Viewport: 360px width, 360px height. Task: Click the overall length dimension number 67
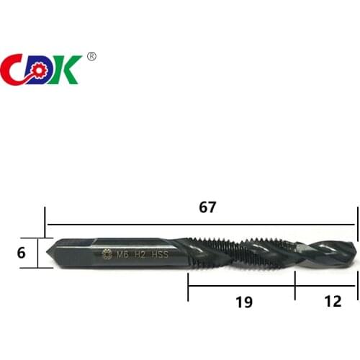pos(207,207)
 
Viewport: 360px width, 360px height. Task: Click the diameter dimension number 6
pos(21,253)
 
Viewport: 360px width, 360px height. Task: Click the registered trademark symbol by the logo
pos(91,56)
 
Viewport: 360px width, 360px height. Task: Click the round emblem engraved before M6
pos(108,253)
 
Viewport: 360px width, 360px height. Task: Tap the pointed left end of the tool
pos(48,252)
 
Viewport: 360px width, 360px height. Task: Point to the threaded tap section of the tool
pos(238,252)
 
